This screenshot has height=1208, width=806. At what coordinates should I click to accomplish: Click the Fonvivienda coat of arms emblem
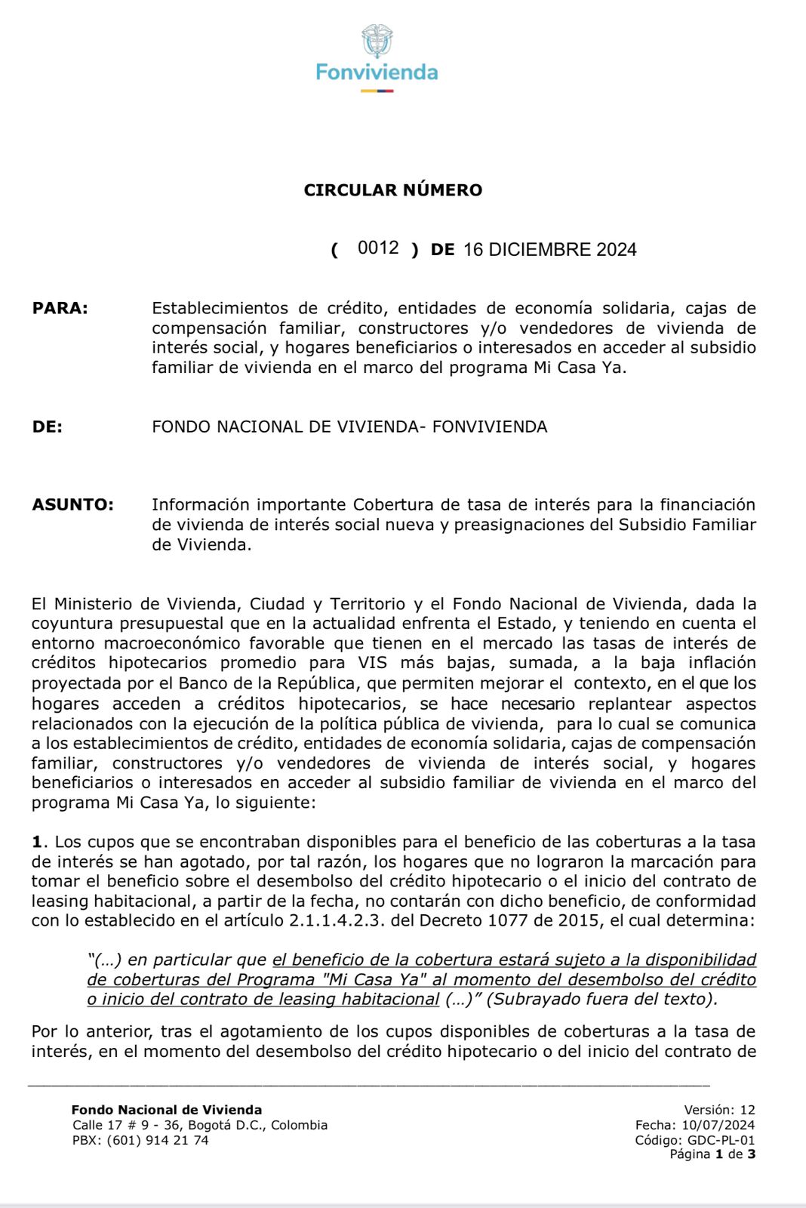click(377, 41)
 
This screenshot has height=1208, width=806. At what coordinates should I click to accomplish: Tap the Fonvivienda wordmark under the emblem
click(377, 72)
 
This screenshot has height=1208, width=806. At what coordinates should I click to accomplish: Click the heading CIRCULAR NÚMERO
click(392, 190)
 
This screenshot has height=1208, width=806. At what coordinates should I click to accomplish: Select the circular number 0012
click(378, 248)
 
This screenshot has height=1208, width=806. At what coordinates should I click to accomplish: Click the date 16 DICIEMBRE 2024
click(549, 250)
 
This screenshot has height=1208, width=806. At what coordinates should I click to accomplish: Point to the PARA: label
click(60, 308)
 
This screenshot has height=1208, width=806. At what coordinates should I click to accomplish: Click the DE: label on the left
click(47, 427)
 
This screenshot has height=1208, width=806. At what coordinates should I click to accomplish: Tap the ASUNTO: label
click(72, 504)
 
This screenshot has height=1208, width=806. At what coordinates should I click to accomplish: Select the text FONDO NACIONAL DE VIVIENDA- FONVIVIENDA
click(349, 427)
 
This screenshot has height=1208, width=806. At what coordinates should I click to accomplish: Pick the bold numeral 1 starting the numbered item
click(35, 842)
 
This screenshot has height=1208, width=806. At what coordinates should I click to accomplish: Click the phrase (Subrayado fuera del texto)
click(602, 999)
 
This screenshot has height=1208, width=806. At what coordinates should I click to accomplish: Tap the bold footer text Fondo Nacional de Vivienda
click(166, 1110)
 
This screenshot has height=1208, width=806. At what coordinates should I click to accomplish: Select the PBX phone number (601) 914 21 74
click(158, 1140)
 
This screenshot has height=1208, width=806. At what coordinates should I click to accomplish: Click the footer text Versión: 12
click(719, 1110)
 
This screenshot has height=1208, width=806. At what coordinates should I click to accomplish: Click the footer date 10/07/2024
click(718, 1125)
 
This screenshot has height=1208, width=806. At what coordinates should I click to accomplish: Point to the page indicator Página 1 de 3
click(712, 1154)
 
